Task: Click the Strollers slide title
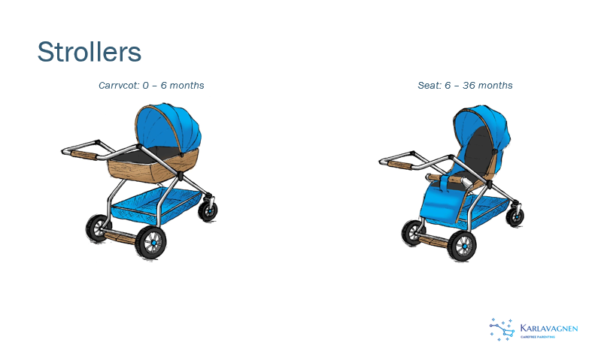(90, 52)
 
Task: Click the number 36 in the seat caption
(469, 85)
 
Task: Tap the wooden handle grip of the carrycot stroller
(84, 155)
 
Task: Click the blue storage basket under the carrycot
(157, 205)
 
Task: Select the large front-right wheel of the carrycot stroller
(151, 242)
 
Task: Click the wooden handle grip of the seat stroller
(400, 165)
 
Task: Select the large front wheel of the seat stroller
(462, 246)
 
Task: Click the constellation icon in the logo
(502, 329)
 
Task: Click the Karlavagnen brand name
(549, 328)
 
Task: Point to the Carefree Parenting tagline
(537, 337)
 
